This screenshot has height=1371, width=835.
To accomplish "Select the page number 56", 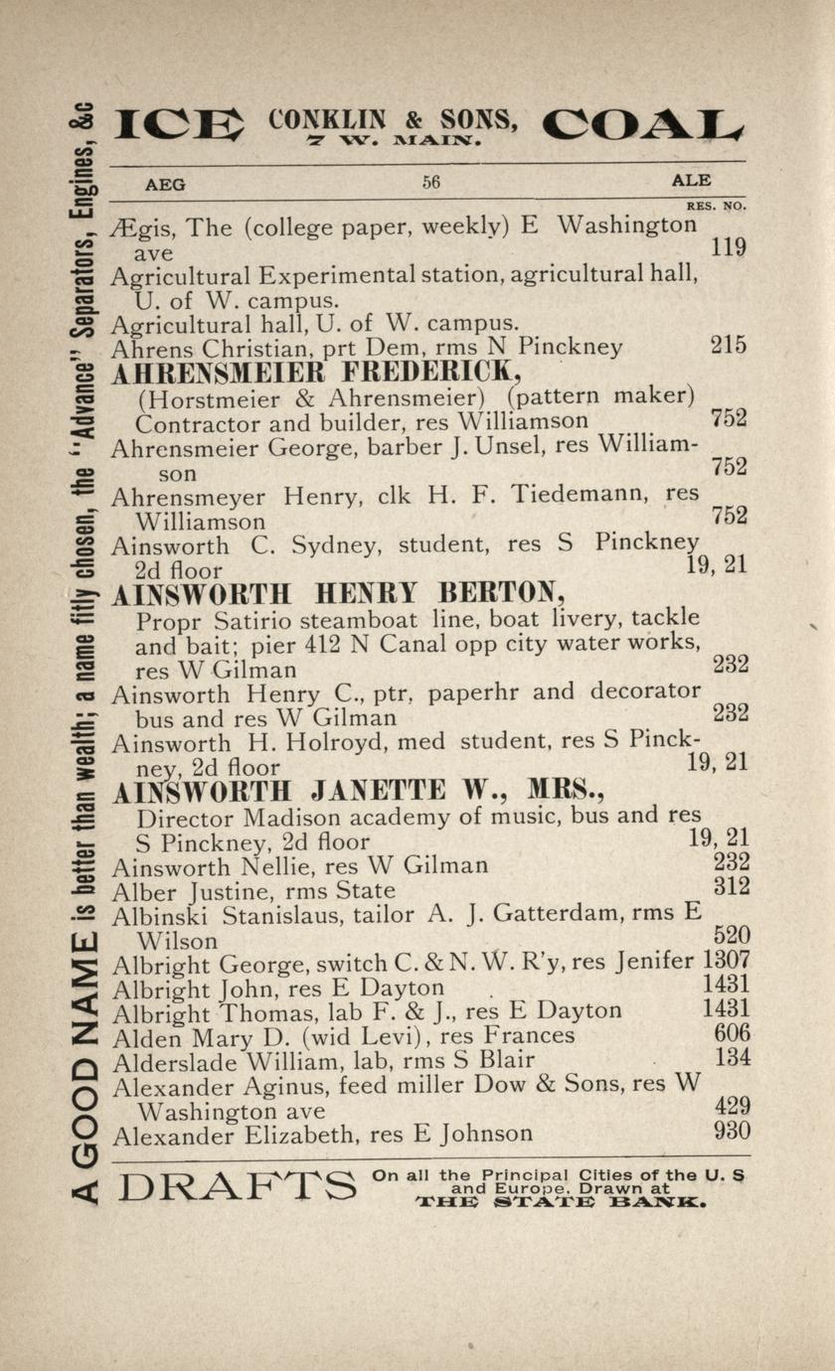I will [x=430, y=182].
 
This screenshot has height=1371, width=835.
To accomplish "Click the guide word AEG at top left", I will [x=165, y=183].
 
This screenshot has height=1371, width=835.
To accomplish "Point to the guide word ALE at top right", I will [x=691, y=181].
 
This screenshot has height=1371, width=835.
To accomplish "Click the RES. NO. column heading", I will [x=716, y=206].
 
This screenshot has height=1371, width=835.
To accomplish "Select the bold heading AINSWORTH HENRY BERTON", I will [x=338, y=595].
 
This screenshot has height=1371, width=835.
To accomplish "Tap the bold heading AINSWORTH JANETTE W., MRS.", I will [x=359, y=792].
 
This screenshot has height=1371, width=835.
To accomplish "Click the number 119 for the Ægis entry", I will [x=729, y=248].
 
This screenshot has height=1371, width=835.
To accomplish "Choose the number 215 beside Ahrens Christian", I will [x=729, y=346].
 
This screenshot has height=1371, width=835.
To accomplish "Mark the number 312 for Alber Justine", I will [x=732, y=886].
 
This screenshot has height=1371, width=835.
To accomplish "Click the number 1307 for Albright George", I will [x=726, y=961].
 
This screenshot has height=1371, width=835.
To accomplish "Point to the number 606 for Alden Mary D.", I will [x=732, y=1034].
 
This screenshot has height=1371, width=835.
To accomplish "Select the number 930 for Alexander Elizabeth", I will [x=732, y=1132].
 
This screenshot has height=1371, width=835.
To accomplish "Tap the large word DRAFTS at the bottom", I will [x=236, y=1186].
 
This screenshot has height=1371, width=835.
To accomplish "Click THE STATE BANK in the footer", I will [x=562, y=1202].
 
